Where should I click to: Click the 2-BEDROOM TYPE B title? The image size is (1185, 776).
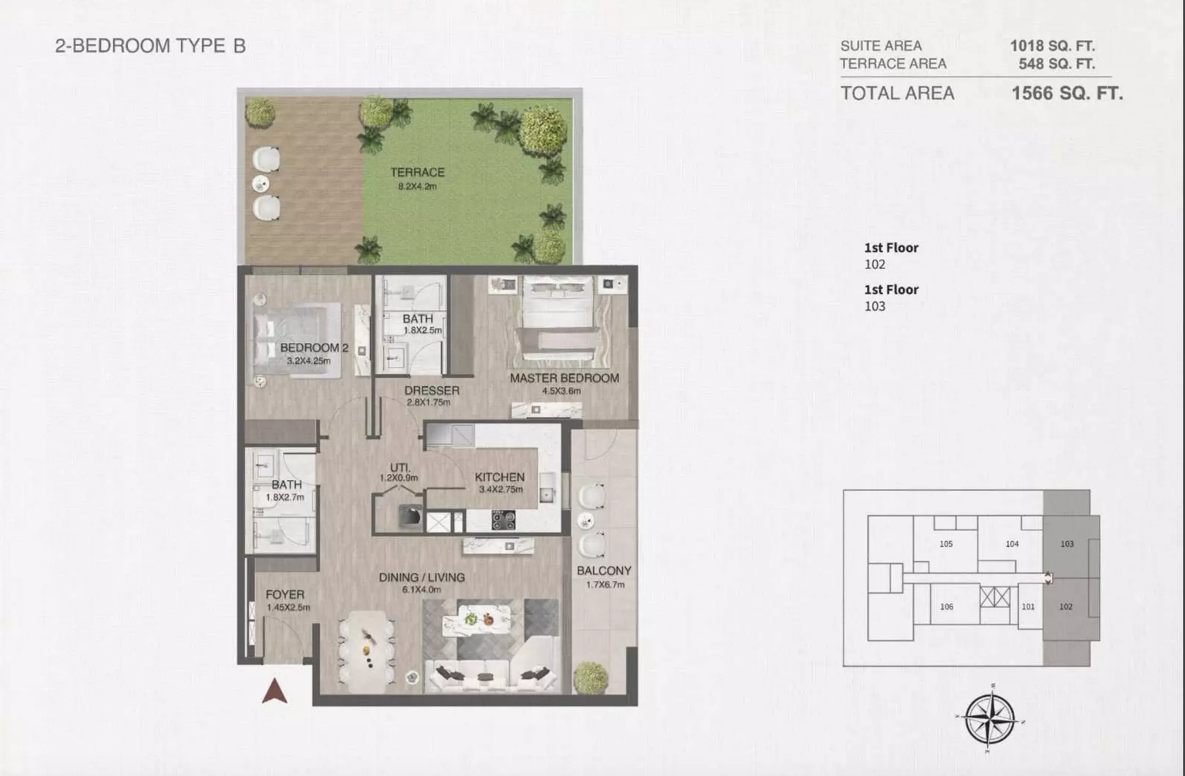click(150, 46)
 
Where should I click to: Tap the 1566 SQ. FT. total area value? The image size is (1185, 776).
click(1067, 93)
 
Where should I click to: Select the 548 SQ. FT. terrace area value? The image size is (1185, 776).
click(1057, 64)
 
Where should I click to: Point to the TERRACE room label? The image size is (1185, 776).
click(418, 173)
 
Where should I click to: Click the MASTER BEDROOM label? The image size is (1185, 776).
click(564, 378)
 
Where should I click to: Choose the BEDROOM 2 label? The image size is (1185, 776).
click(314, 348)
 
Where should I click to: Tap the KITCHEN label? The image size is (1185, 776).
click(500, 477)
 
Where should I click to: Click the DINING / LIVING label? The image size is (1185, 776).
click(422, 577)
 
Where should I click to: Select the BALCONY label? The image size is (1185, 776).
click(604, 570)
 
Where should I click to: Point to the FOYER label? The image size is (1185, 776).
click(285, 594)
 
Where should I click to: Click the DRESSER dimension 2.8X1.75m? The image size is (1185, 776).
click(428, 402)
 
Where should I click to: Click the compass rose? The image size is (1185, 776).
click(990, 718)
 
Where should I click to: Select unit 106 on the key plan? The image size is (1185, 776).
click(947, 606)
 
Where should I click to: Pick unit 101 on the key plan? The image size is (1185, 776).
click(1028, 606)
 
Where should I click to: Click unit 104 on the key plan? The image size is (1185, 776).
click(1012, 543)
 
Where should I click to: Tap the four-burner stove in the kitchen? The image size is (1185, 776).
click(503, 520)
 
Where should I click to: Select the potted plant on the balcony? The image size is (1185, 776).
click(591, 677)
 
